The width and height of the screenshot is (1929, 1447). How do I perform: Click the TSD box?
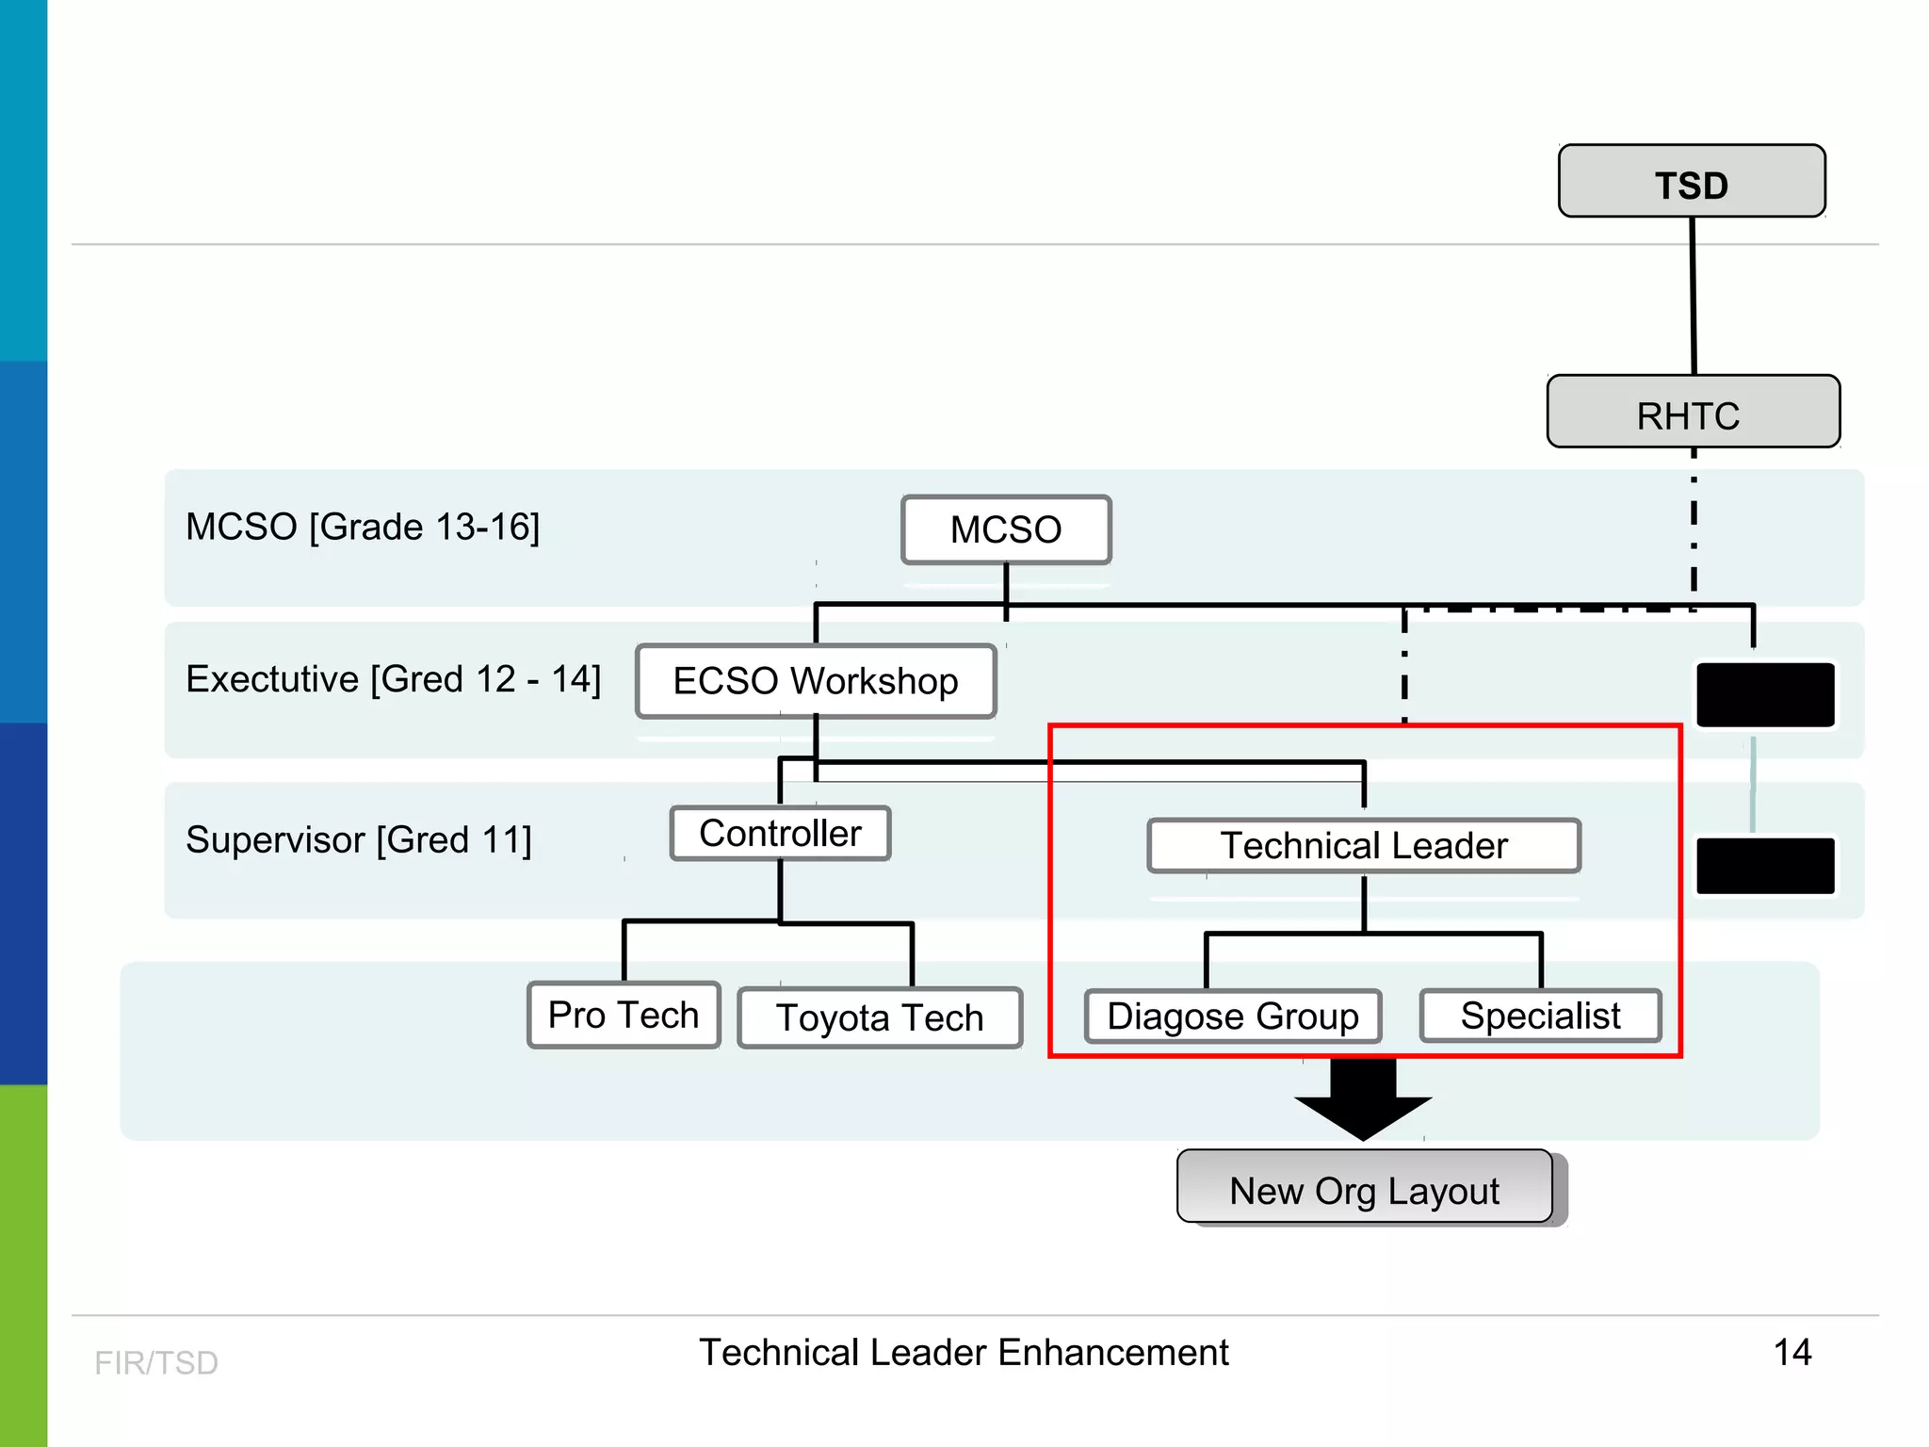(x=1692, y=182)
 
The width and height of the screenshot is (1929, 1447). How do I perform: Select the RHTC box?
(x=1693, y=413)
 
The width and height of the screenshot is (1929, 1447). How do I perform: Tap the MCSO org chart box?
(x=1006, y=529)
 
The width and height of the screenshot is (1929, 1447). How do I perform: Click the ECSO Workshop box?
(x=816, y=681)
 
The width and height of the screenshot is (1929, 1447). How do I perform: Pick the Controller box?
(x=780, y=834)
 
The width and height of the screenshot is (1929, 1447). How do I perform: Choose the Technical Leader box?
(x=1363, y=845)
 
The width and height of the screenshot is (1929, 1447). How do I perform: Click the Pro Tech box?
(x=624, y=1015)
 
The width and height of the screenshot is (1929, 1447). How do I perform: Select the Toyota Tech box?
(x=880, y=1017)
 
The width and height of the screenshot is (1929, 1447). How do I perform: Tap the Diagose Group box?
(x=1232, y=1016)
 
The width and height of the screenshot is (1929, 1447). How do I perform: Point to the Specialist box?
(x=1540, y=1015)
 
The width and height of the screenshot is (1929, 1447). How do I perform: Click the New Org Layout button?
(x=1364, y=1189)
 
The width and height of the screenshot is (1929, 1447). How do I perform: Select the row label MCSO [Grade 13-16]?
(x=363, y=527)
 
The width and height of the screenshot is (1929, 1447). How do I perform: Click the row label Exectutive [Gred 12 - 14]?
(x=393, y=679)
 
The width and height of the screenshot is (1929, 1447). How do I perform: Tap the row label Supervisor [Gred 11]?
(x=358, y=839)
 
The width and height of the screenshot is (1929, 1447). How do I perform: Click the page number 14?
(x=1791, y=1352)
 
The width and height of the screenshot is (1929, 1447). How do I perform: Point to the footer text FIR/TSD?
(x=156, y=1362)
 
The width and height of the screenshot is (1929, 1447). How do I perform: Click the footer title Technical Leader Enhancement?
(x=963, y=1352)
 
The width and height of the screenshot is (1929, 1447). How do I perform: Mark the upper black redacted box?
(x=1764, y=694)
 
